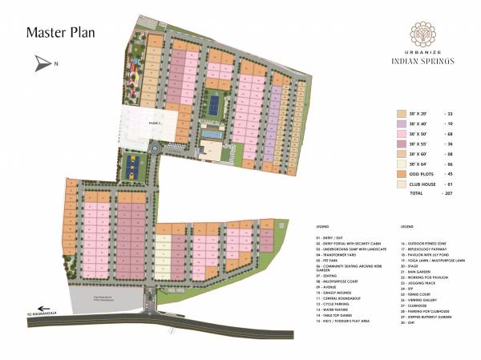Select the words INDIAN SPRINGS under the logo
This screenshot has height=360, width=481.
(x=422, y=60)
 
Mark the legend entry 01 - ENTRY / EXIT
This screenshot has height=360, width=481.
(x=331, y=238)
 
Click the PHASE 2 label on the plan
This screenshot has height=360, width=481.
(x=132, y=123)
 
